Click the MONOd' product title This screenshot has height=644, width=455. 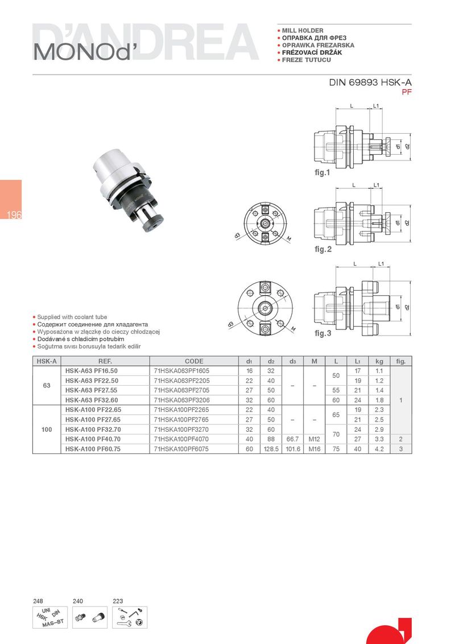point(86,51)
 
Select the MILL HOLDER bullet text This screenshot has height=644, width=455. point(303,30)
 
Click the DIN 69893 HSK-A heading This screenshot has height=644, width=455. point(370,82)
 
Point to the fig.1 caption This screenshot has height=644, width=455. point(322,172)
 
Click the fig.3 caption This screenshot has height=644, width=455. point(323,333)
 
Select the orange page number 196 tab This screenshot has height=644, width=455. point(11,200)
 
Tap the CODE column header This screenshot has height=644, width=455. point(194,361)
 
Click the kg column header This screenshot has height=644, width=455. point(379,361)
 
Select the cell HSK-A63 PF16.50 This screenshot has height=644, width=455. point(91,371)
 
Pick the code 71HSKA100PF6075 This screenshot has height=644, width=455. point(181,449)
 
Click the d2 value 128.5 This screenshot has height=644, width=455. point(271,449)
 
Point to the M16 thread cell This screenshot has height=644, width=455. point(314,449)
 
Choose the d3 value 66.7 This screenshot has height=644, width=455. point(292,439)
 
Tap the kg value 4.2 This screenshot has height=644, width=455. point(379,449)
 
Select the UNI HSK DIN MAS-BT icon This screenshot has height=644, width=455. point(49,617)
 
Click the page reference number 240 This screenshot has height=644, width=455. point(77,601)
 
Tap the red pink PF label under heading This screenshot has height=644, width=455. point(407,92)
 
